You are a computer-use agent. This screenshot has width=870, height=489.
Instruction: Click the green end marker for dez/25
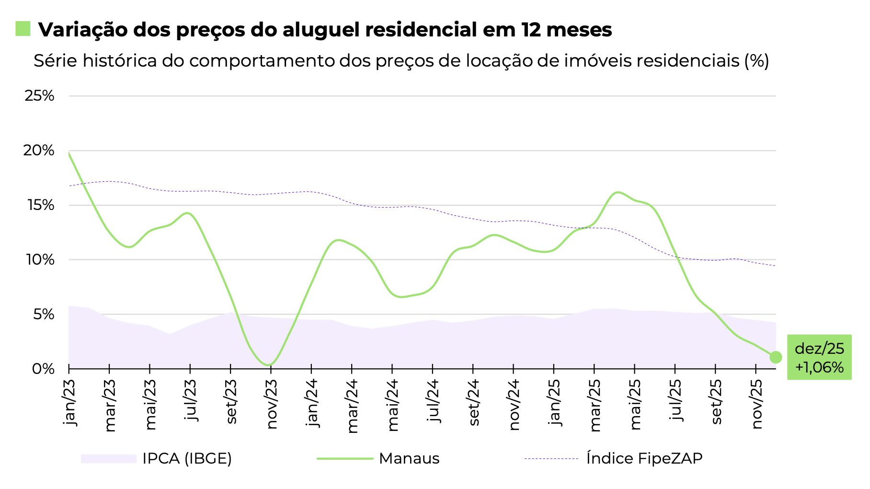click(x=776, y=357)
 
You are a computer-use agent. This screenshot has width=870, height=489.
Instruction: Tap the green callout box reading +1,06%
click(x=819, y=358)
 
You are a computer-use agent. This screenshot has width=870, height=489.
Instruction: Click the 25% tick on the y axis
click(x=39, y=96)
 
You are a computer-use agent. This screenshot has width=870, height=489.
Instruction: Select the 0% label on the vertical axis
click(x=43, y=369)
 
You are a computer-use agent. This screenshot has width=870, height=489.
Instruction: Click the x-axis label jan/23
click(x=70, y=402)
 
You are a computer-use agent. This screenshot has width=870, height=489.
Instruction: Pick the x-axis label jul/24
click(x=434, y=400)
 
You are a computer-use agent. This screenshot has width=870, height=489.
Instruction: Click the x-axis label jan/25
click(x=554, y=402)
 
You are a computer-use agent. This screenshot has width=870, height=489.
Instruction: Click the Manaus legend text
click(x=409, y=459)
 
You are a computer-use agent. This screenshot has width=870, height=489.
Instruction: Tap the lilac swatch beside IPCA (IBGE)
click(x=108, y=459)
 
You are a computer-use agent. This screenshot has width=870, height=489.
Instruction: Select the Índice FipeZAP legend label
click(x=644, y=459)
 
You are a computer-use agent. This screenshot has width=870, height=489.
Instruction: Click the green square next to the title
click(x=23, y=29)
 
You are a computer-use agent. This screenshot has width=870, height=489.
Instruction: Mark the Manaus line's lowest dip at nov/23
click(x=269, y=365)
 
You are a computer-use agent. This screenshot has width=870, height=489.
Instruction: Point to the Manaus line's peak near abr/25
click(x=618, y=193)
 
